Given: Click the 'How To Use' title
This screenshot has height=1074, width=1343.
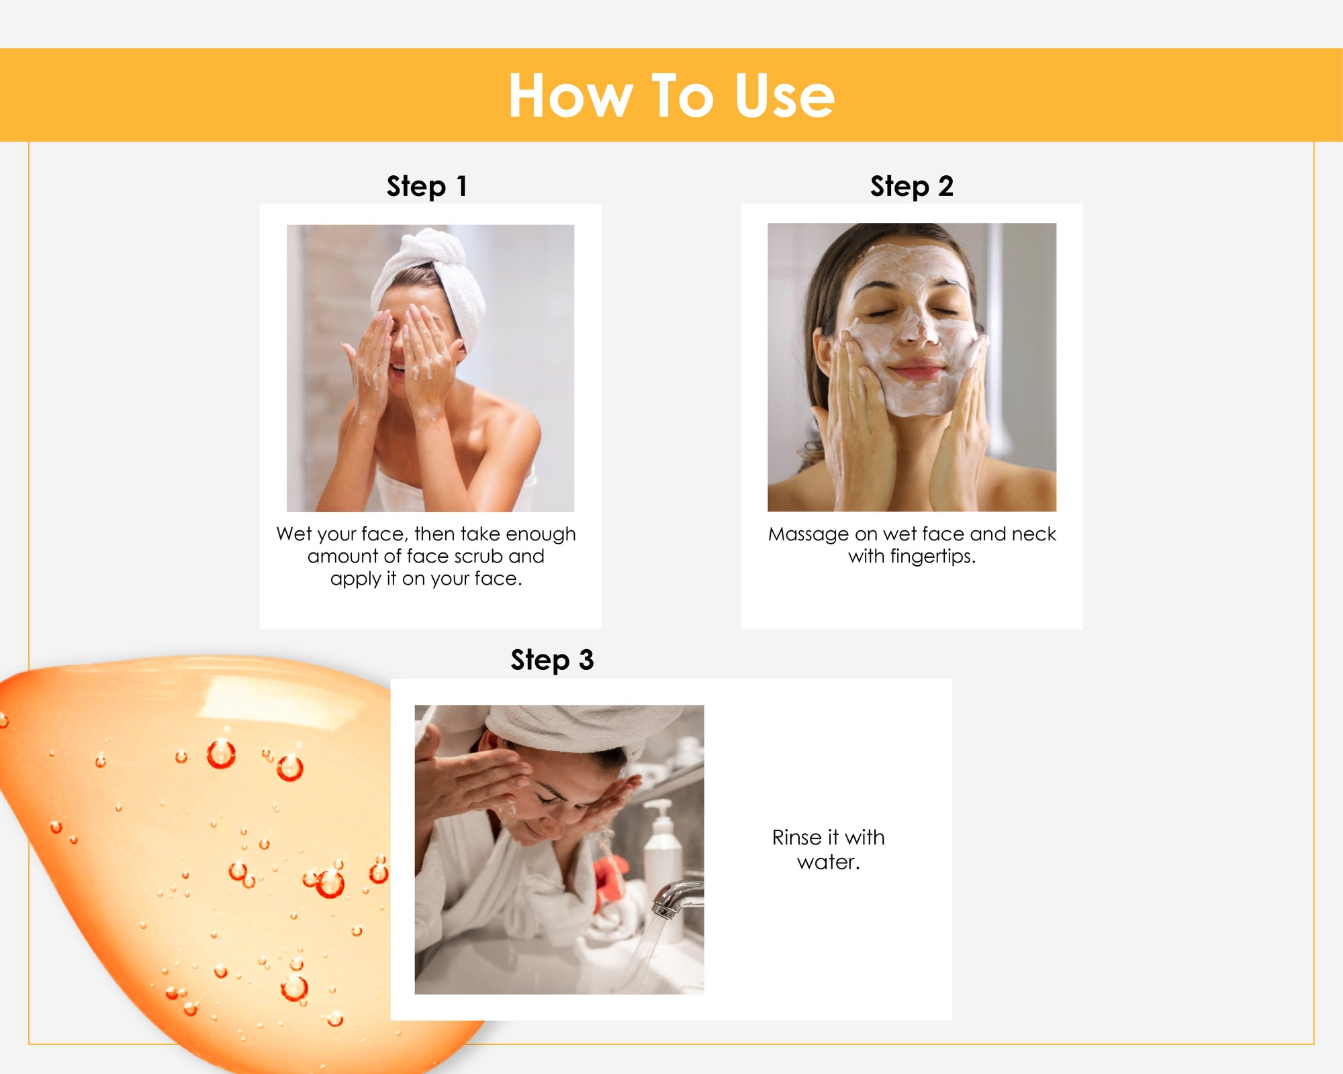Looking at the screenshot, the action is [671, 95].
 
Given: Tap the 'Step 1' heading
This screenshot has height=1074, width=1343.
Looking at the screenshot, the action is [426, 186].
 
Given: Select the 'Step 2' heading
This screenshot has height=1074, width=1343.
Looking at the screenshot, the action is [912, 186].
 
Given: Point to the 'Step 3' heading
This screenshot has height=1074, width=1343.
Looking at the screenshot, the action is [552, 660].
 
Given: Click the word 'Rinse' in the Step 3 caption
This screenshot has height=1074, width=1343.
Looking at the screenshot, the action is [797, 838].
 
